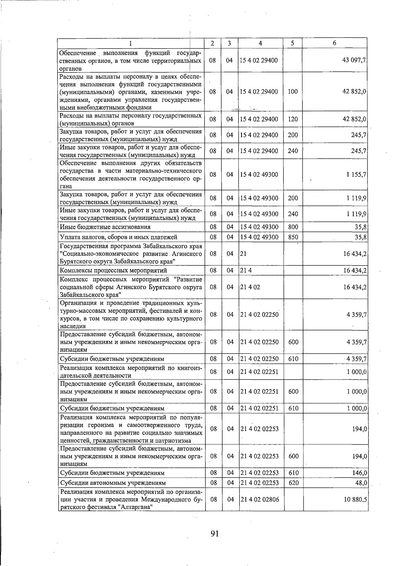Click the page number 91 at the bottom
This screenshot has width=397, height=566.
pyautogui.click(x=215, y=533)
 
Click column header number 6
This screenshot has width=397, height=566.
pyautogui.click(x=334, y=43)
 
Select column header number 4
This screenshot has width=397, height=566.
pyautogui.click(x=261, y=43)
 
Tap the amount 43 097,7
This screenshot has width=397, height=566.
pyautogui.click(x=354, y=60)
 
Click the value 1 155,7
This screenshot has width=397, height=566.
pyautogui.click(x=357, y=174)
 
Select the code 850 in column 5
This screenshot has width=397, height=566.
pyautogui.click(x=293, y=237)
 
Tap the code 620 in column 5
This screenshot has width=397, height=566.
pyautogui.click(x=293, y=483)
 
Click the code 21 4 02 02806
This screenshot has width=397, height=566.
pyautogui.click(x=260, y=499)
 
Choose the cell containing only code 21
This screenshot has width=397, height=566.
pyautogui.click(x=243, y=254)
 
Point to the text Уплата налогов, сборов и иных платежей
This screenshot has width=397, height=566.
pyautogui.click(x=118, y=237)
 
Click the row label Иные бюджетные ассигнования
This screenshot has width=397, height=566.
pyautogui.click(x=105, y=227)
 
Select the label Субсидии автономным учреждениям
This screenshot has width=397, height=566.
pyautogui.click(x=113, y=483)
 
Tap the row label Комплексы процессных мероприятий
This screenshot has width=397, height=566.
pyautogui.click(x=113, y=270)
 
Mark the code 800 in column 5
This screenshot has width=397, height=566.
pyautogui.click(x=293, y=227)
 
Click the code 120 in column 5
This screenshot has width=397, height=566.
pyautogui.click(x=293, y=119)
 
